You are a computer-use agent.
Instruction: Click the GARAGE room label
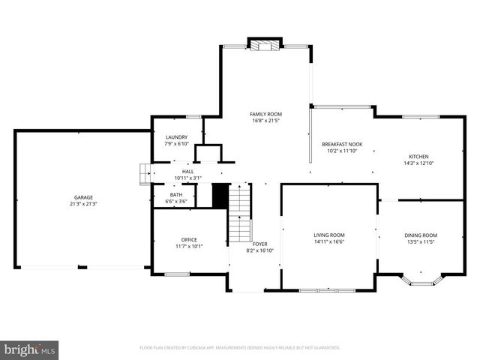[x=83, y=197]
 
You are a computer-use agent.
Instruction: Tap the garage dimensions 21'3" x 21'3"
[x=83, y=204]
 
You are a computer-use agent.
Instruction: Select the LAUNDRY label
[x=176, y=137]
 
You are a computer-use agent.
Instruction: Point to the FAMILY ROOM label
[x=265, y=114]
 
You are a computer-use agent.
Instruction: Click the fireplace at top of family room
[x=264, y=46]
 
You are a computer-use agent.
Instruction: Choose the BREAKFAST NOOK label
[x=342, y=144]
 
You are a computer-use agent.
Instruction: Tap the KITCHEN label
[x=418, y=157]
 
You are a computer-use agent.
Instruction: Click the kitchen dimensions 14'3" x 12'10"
[x=418, y=163]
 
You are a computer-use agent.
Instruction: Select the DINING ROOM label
[x=420, y=235]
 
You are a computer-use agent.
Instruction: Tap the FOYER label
[x=259, y=244]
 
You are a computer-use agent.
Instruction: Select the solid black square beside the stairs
[x=220, y=196]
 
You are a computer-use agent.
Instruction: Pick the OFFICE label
[x=189, y=240]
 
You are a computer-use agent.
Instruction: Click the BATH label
[x=176, y=194]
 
